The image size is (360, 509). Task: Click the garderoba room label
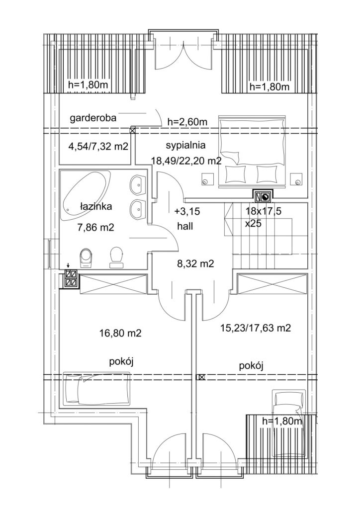[x=93, y=118]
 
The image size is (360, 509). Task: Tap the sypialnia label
[x=185, y=145]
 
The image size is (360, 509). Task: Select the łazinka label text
[x=96, y=206]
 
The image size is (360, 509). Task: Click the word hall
[x=185, y=226]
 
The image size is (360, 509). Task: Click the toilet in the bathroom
[x=86, y=258]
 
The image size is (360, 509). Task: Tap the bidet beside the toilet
[x=116, y=257]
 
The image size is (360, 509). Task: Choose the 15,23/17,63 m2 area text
[x=256, y=328]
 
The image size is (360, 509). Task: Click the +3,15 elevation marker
[x=187, y=212]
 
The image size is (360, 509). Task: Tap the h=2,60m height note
[x=187, y=122]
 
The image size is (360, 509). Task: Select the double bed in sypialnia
[x=253, y=151]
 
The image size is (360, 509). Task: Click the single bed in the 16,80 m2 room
[x=97, y=389]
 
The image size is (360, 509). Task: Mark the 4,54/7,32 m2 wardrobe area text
[x=98, y=147]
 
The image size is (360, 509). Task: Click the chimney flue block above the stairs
[x=263, y=196]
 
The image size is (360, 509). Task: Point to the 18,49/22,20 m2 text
[x=186, y=160]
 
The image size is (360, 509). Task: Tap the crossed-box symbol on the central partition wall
[x=201, y=377]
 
